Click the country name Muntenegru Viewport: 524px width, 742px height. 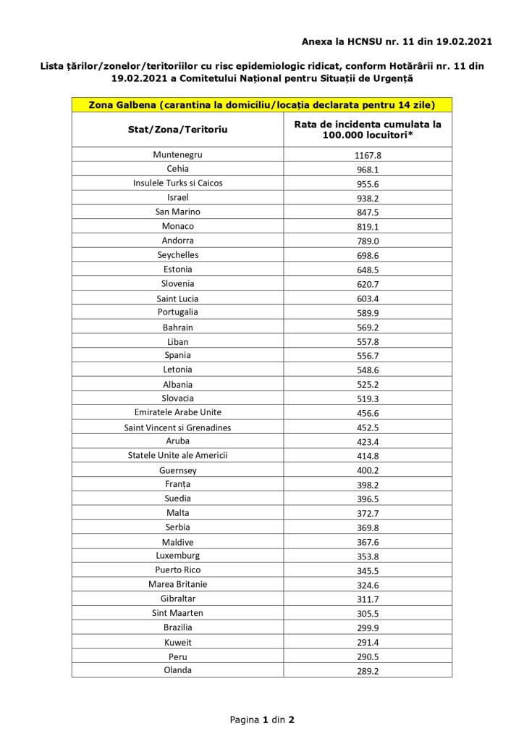click(177, 155)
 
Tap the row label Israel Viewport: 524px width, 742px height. click(177, 198)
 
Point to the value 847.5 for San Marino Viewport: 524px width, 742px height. click(368, 212)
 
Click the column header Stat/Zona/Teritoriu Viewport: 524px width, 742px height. click(177, 129)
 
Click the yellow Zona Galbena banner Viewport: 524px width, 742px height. click(261, 104)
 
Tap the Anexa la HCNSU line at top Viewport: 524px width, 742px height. click(397, 41)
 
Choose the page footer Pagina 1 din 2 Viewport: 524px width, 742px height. click(261, 720)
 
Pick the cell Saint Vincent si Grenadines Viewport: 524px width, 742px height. click(177, 428)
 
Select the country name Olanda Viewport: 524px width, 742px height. click(177, 670)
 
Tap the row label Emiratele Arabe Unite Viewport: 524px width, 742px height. click(177, 413)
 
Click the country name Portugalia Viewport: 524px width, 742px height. click(177, 312)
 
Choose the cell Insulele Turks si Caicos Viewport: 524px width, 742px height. click(177, 183)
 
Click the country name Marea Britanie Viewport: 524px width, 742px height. click(177, 584)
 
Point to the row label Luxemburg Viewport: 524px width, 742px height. click(177, 556)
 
